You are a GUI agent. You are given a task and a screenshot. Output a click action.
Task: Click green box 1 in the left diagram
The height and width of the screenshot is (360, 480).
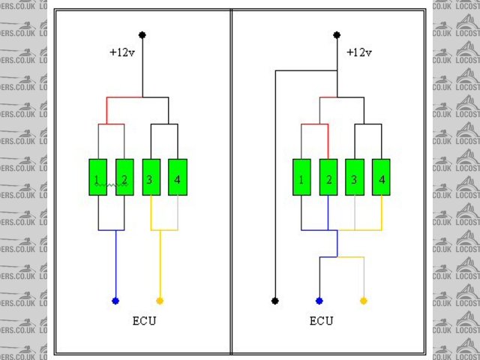point(98,178)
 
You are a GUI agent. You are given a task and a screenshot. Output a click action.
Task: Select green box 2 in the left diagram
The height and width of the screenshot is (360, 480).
point(124,178)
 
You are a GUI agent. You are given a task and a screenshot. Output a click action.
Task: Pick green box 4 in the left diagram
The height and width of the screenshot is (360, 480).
point(177,178)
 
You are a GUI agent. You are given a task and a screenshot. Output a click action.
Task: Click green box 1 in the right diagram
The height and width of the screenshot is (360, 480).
point(301,178)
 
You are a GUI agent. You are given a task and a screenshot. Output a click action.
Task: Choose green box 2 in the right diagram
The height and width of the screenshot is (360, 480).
point(328,178)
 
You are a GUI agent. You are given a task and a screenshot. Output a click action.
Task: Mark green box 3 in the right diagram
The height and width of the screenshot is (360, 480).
point(355,178)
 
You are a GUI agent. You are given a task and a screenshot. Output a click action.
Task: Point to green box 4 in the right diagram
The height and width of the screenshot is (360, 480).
point(381,178)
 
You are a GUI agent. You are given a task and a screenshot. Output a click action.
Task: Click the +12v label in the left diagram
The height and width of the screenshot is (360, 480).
point(121,52)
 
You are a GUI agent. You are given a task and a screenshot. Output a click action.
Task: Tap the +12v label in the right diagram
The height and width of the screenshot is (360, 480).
point(358,52)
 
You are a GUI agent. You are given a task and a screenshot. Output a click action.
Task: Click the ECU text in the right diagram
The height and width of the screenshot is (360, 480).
point(321,322)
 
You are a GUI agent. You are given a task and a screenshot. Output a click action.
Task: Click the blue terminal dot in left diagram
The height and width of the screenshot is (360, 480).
point(115,301)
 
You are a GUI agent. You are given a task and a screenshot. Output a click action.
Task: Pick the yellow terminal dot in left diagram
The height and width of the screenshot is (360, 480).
point(159,301)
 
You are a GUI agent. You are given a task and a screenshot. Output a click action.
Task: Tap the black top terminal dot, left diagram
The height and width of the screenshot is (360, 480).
point(142,34)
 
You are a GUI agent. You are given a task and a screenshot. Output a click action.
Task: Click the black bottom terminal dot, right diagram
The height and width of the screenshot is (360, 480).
point(275,301)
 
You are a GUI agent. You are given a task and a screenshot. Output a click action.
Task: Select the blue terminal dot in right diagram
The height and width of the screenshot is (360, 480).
point(319,301)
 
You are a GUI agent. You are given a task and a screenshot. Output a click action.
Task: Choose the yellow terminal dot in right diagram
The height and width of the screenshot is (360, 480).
point(364,301)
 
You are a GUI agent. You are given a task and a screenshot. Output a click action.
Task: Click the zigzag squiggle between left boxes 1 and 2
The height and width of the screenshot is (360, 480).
point(111,183)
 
